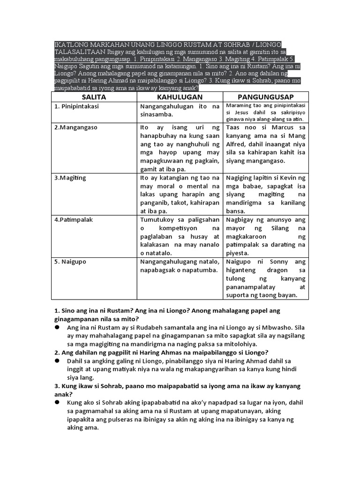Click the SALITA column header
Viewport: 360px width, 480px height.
94,97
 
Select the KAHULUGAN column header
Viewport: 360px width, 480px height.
180,97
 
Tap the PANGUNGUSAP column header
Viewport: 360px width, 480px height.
265,97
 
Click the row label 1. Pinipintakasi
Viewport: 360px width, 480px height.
77,106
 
